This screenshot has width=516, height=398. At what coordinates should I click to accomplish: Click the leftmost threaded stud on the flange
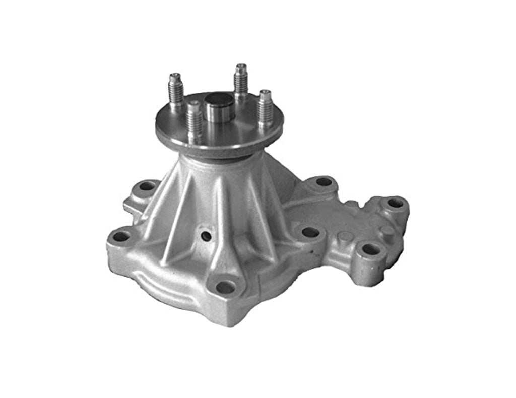click(175, 91)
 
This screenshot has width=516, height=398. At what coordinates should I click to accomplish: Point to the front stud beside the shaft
click(194, 120)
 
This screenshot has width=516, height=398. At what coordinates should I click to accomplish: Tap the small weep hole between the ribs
click(206, 235)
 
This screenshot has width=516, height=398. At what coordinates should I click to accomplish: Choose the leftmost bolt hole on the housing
click(120, 236)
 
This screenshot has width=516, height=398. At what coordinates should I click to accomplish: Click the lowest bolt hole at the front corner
click(225, 287)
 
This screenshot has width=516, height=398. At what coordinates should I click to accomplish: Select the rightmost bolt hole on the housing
click(395, 203)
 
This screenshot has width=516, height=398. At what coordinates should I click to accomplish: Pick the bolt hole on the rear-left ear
click(147, 186)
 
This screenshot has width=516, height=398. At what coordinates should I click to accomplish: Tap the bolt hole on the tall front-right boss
click(371, 249)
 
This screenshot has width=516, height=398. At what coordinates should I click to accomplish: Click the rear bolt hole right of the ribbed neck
click(324, 182)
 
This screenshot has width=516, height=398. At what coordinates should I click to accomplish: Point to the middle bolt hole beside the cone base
click(310, 232)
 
